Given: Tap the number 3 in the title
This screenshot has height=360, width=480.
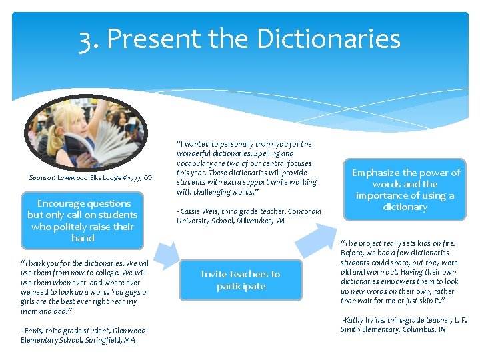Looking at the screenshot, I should coord(85,39).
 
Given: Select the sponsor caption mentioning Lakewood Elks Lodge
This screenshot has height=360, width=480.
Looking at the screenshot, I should coord(91,177).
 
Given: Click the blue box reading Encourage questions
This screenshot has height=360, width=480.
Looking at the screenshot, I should coord(83,220).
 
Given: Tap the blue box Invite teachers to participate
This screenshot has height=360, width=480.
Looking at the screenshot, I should coord(241,280).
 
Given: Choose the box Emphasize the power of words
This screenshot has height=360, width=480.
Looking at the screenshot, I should coord(405,189).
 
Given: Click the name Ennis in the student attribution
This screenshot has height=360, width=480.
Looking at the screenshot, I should coord(33,331).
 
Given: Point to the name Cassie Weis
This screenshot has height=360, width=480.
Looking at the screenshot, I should coord(200,212).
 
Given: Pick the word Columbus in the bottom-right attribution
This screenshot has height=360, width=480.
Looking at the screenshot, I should coord(420,329).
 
